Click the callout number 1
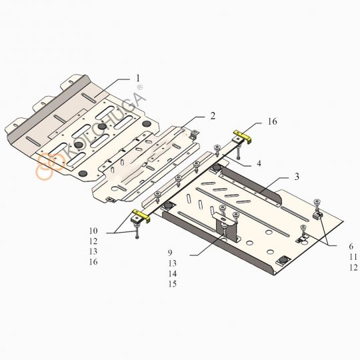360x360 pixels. [x=138, y=78]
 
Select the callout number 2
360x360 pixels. [x=213, y=116]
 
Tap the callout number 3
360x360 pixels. [x=297, y=177]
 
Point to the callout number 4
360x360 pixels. [x=259, y=163]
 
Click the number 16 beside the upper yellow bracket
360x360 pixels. [x=272, y=121]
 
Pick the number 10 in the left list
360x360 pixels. [x=93, y=231]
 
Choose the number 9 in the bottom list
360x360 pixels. [x=170, y=253]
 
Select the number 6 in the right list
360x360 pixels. [x=351, y=246]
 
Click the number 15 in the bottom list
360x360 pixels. [x=173, y=284]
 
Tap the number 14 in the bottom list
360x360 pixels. [x=173, y=273]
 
